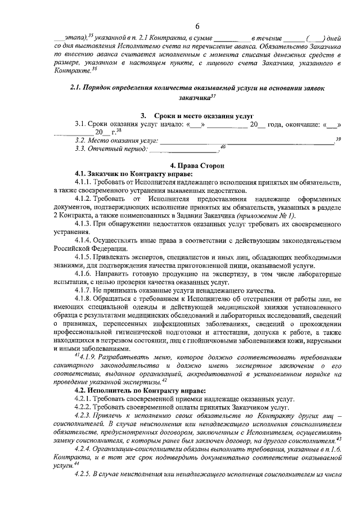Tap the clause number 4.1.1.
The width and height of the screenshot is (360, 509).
click(85, 183)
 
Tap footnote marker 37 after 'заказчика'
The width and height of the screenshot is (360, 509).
click(213, 96)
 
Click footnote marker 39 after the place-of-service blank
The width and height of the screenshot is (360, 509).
click(338, 138)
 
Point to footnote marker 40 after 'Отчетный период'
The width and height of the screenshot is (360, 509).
click(222, 147)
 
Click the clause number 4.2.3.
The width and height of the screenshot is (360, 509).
click(85, 415)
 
